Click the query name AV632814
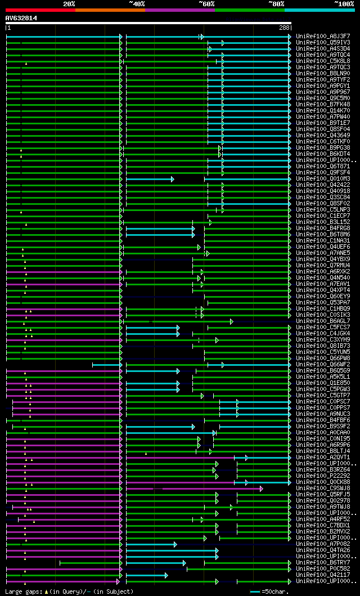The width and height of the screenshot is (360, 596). click(21, 18)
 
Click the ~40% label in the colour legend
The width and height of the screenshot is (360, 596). click(137, 3)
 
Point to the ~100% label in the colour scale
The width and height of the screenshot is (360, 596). click(344, 3)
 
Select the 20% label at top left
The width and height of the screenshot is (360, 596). click(69, 3)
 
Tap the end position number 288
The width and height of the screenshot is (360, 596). click(284, 28)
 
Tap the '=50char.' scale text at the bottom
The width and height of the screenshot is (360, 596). click(276, 591)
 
